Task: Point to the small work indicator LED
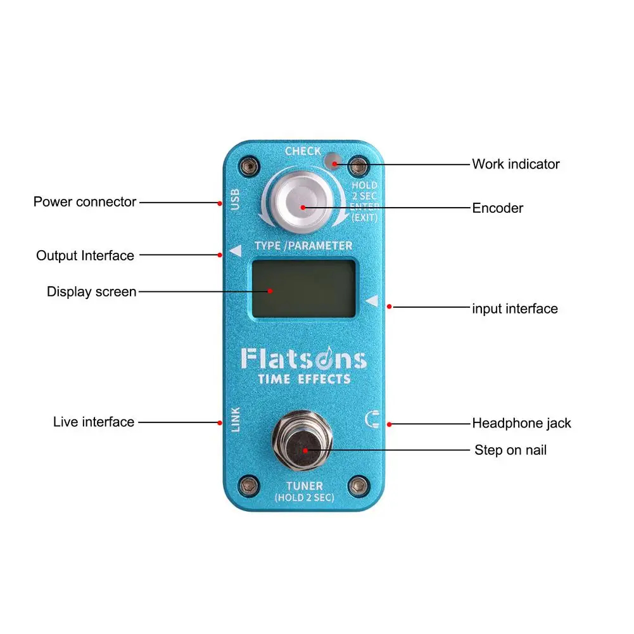(x=331, y=162)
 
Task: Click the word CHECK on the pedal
(x=303, y=151)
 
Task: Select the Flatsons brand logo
(x=303, y=359)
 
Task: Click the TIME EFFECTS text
(x=304, y=379)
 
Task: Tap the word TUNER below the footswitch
(x=304, y=486)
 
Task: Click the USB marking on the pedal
(x=234, y=200)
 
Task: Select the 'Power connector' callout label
(x=85, y=202)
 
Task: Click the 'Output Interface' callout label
(x=85, y=256)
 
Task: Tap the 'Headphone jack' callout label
(x=521, y=423)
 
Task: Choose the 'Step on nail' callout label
(x=510, y=450)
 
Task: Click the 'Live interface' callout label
(x=94, y=422)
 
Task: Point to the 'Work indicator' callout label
(x=516, y=164)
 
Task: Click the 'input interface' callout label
(x=514, y=308)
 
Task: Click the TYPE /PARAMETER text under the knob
(x=303, y=245)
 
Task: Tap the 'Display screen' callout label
(x=91, y=292)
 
